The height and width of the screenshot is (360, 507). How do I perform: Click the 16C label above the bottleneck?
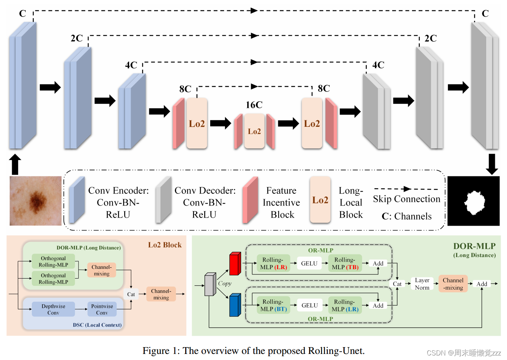pos(254,105)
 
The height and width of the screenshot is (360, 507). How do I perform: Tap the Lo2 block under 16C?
pos(254,131)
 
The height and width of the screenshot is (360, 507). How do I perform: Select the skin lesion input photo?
pos(36,201)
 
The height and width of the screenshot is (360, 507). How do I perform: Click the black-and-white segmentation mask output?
pos(473,201)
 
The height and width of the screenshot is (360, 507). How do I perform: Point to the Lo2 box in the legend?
pos(320,200)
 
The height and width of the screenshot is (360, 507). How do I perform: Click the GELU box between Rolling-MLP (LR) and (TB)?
pos(309,263)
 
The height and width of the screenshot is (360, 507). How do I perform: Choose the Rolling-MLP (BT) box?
pos(273,305)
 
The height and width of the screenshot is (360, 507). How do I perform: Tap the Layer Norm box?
pos(422,284)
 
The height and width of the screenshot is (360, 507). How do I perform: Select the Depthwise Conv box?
pos(53,309)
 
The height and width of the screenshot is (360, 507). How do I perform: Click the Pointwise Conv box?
pos(102,309)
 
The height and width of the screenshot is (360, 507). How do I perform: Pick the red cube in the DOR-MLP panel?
pos(235,263)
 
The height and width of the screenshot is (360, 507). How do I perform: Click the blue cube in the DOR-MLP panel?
pos(235,305)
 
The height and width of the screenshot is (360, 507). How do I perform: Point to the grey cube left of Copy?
pos(210,284)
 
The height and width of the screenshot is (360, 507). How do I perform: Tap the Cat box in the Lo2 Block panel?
pos(131,294)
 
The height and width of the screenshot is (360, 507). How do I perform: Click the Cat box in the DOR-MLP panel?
pos(397,284)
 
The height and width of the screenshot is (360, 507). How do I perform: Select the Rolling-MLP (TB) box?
pos(345,263)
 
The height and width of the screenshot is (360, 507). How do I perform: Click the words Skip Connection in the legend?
pos(406,199)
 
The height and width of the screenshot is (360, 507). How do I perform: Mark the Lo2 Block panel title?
pos(165,245)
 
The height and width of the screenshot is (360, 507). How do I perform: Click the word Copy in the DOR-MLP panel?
pos(225,283)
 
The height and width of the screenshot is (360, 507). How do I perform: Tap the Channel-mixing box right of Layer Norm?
pos(453,284)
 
